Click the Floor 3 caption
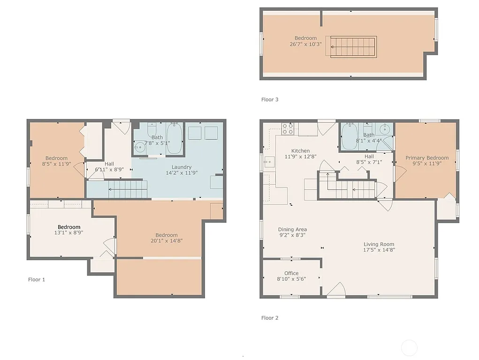coord(270,99)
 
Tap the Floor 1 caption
coord(37,279)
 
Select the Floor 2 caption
coord(270,318)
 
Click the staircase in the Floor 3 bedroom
coord(353,46)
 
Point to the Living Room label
coord(379,244)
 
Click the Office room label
coord(291,273)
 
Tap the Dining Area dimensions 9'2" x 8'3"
coord(292,235)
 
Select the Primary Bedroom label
coord(427,158)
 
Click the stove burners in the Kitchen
coord(288,129)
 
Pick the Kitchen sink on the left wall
coord(269,162)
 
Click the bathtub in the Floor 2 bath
coord(350,136)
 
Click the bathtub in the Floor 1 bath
coord(175,139)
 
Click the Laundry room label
coord(181,167)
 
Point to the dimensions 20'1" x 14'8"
coord(167,241)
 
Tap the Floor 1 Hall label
coord(109,164)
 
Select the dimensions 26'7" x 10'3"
coord(305,45)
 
